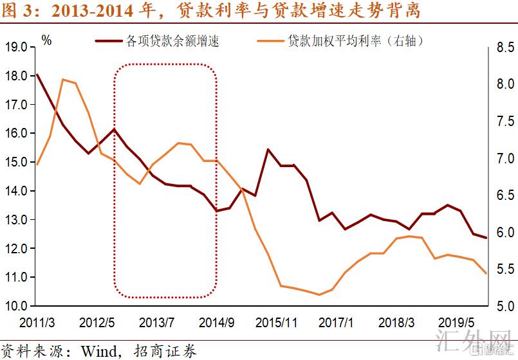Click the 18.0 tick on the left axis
point(15,76)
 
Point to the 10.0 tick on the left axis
point(15,306)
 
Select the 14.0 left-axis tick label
point(15,191)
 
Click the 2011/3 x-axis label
point(37,321)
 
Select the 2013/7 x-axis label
point(157,321)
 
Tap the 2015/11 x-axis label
point(277,321)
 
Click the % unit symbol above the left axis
point(46,40)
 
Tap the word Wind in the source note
point(98,351)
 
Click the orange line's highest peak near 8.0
point(63,80)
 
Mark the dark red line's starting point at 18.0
point(37,75)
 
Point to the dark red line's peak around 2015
point(268,149)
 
